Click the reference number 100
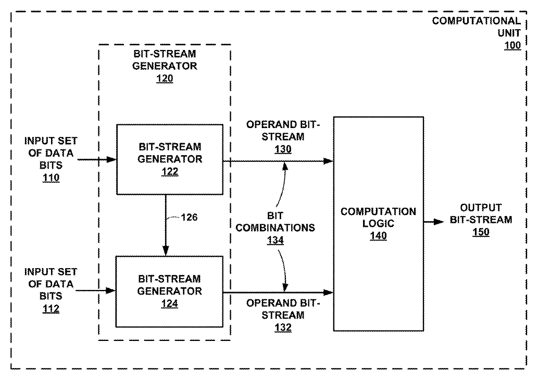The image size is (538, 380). tap(512, 46)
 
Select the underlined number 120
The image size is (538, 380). tap(165, 79)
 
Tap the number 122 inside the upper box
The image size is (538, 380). tap(170, 171)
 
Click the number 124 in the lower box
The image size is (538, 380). tap(169, 303)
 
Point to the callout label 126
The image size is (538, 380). tap(189, 217)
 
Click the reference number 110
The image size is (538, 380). tap(51, 178)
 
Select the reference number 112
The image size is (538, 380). tap(51, 309)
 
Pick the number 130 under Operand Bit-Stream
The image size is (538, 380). tap(283, 149)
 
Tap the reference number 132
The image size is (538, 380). tap(283, 327)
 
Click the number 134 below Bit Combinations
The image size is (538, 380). tap(275, 240)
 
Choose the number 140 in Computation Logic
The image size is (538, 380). tap(378, 236)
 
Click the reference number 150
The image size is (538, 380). tap(481, 232)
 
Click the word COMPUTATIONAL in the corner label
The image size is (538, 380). tap(476, 21)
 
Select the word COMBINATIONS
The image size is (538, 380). tap(275, 227)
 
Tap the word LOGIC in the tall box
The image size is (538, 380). tap(378, 224)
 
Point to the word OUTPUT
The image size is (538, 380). tap(481, 208)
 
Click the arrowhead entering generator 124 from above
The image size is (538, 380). tap(166, 251)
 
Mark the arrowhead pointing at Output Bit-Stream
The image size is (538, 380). tap(439, 222)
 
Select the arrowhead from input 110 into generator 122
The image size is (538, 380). tap(111, 159)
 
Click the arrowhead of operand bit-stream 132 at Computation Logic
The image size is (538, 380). tap(328, 292)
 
